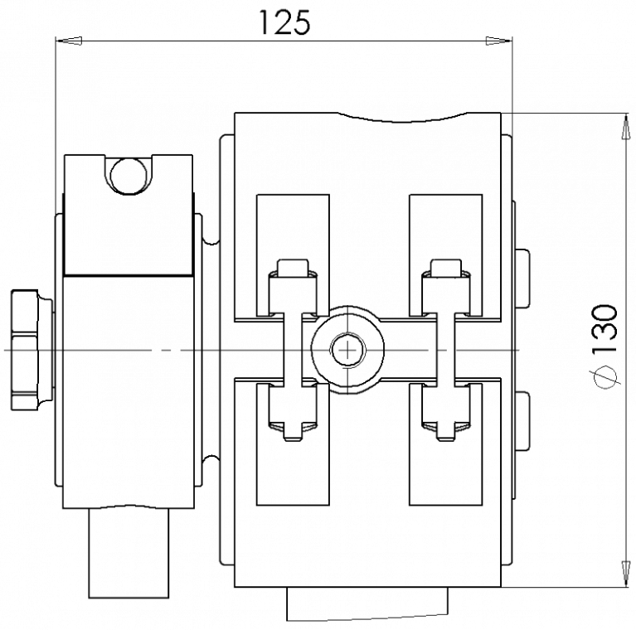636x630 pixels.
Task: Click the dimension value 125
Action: click(284, 22)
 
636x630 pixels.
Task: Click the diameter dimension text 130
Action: click(604, 328)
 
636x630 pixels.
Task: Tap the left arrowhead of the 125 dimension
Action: click(70, 41)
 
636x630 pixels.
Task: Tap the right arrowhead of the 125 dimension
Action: click(498, 41)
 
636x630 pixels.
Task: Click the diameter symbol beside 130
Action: click(604, 377)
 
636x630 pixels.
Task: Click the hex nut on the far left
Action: click(32, 350)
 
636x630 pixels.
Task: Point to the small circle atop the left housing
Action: click(129, 177)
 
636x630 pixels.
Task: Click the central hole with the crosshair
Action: click(348, 350)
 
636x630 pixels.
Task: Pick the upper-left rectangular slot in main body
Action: click(293, 255)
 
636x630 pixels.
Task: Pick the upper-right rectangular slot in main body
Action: click(446, 255)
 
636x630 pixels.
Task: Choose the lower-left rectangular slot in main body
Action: click(293, 444)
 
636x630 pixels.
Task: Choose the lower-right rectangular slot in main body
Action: click(446, 444)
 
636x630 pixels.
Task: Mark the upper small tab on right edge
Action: click(522, 278)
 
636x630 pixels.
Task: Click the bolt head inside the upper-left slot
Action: click(293, 266)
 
